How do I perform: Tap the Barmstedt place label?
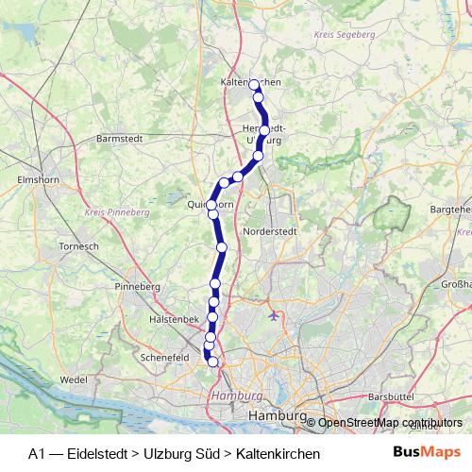(120, 138)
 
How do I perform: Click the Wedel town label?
(73, 379)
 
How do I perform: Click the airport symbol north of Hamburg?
(275, 315)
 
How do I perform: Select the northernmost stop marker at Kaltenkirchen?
(253, 84)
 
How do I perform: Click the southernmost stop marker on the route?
(213, 362)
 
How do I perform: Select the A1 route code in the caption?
(37, 454)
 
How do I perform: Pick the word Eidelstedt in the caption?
(99, 454)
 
